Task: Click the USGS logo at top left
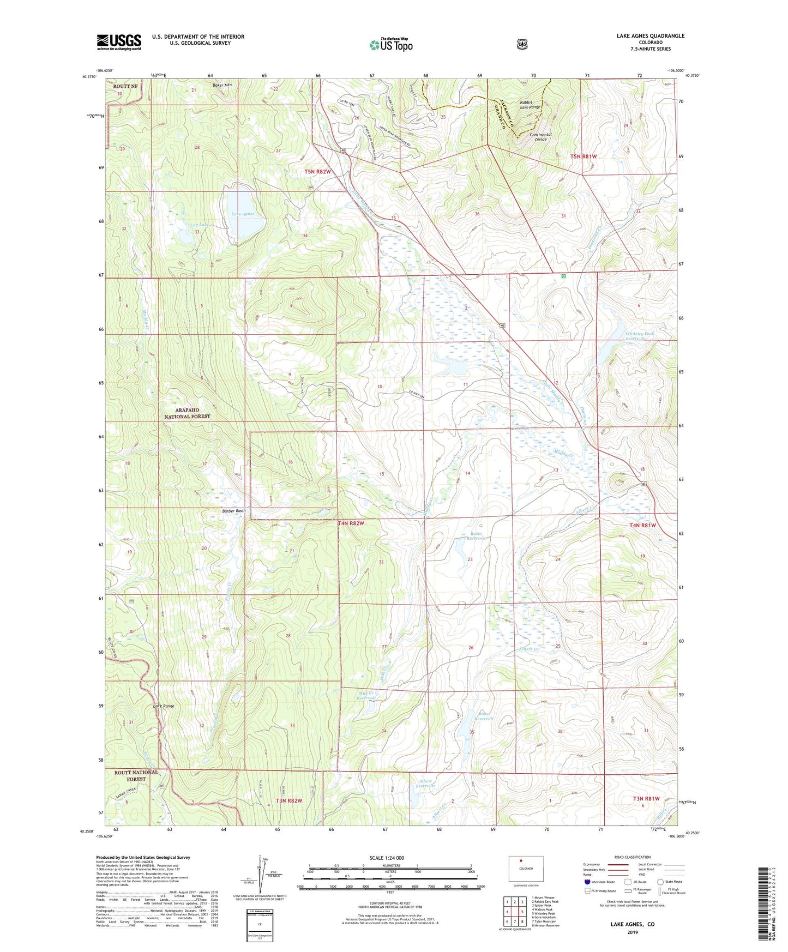[x=119, y=42]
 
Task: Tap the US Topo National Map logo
[x=390, y=45]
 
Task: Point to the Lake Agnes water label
[x=243, y=214]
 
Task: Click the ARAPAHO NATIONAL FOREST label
[x=187, y=413]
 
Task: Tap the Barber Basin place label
[x=233, y=511]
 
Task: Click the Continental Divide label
[x=540, y=137]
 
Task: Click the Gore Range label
[x=164, y=706]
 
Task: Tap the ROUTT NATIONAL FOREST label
[x=136, y=775]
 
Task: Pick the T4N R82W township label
[x=351, y=523]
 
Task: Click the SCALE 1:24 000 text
[x=387, y=858]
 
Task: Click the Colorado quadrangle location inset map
[x=526, y=869]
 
